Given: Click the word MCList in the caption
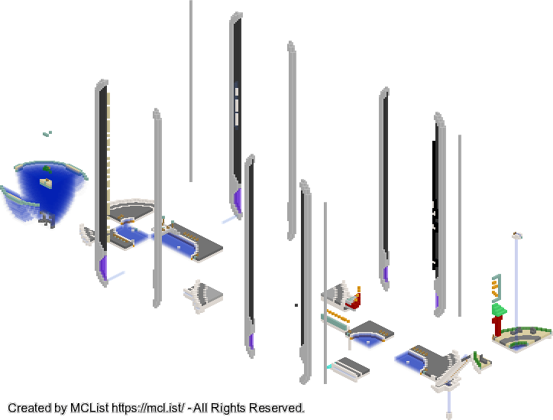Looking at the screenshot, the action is point(89,408).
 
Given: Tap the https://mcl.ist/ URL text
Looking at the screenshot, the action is point(147,408).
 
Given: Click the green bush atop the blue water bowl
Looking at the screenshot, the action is point(47,169).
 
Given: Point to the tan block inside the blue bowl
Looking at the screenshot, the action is point(46,182).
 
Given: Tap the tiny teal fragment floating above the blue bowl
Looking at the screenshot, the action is point(47,134).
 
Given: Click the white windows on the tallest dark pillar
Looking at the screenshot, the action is point(236,105).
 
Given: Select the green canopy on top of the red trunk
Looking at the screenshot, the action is point(500,310).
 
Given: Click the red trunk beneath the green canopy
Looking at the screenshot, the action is point(497,326).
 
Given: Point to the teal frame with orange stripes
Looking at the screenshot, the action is point(496,287).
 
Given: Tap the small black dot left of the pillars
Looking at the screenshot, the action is point(296,305).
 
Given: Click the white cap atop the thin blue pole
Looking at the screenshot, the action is point(517,236).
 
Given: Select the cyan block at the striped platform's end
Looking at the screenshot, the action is point(329,366).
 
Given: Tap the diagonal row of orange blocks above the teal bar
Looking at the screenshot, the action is point(338,316).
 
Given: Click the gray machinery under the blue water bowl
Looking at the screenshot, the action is point(47,219).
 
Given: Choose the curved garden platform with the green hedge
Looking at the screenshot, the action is point(522,338).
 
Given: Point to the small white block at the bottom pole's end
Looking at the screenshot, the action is point(449,415).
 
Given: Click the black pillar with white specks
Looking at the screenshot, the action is point(436,209).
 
